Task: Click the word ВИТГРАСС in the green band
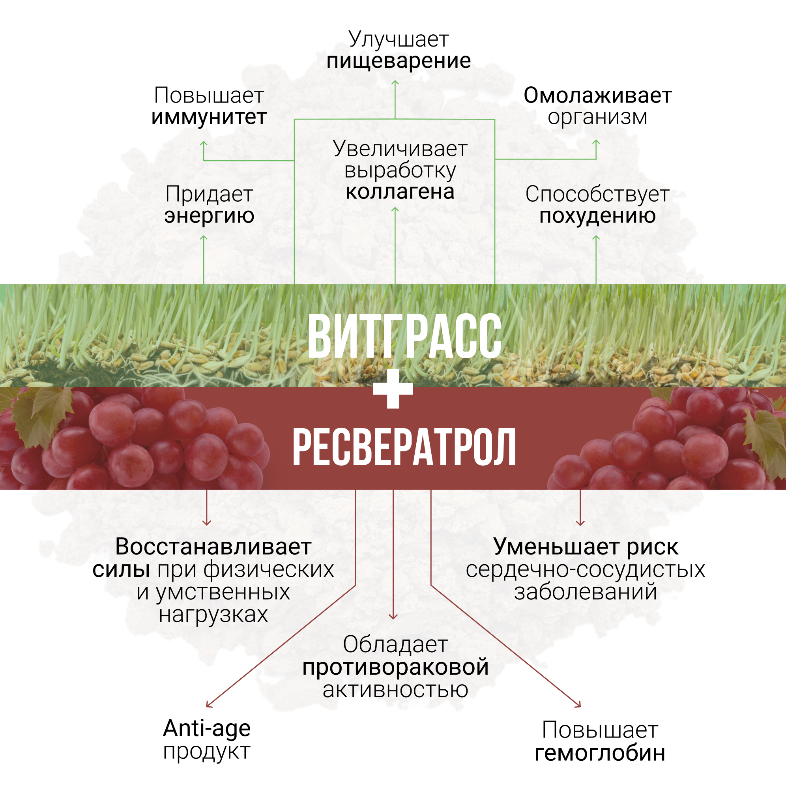pos(404,337)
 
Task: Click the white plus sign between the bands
pos(393,388)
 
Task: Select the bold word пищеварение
pos(398,61)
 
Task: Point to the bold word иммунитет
pos(209,117)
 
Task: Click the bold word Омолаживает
pos(597,95)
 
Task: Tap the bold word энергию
pos(209,215)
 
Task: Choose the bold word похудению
pos(597,215)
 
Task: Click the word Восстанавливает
pos(213,547)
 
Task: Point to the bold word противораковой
pos(395,667)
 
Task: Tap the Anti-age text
pos(207,729)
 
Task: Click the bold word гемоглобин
pos(600,753)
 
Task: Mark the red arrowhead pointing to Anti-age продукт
pos(208,705)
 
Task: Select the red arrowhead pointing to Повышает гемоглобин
pos(579,705)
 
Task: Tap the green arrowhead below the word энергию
pos(204,237)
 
